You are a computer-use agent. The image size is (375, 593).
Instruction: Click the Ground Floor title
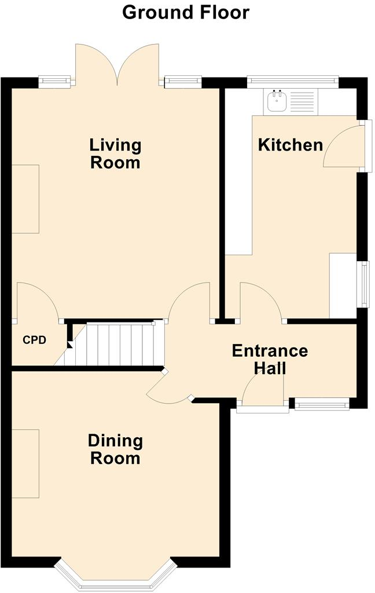[186, 13]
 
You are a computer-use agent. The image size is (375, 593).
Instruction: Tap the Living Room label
[115, 154]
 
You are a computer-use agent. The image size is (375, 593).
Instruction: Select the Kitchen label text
[291, 145]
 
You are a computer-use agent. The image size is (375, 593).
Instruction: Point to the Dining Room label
[115, 449]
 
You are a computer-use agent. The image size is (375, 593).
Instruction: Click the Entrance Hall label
[270, 359]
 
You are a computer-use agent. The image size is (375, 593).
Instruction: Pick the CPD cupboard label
[34, 340]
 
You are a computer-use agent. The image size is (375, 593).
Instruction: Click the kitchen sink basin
[277, 100]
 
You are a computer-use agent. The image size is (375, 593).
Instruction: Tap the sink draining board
[302, 101]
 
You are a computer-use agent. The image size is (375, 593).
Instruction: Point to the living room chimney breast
[25, 199]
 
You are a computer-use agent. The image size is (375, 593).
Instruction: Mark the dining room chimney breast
[25, 464]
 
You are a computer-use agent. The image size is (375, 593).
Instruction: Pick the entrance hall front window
[322, 405]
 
